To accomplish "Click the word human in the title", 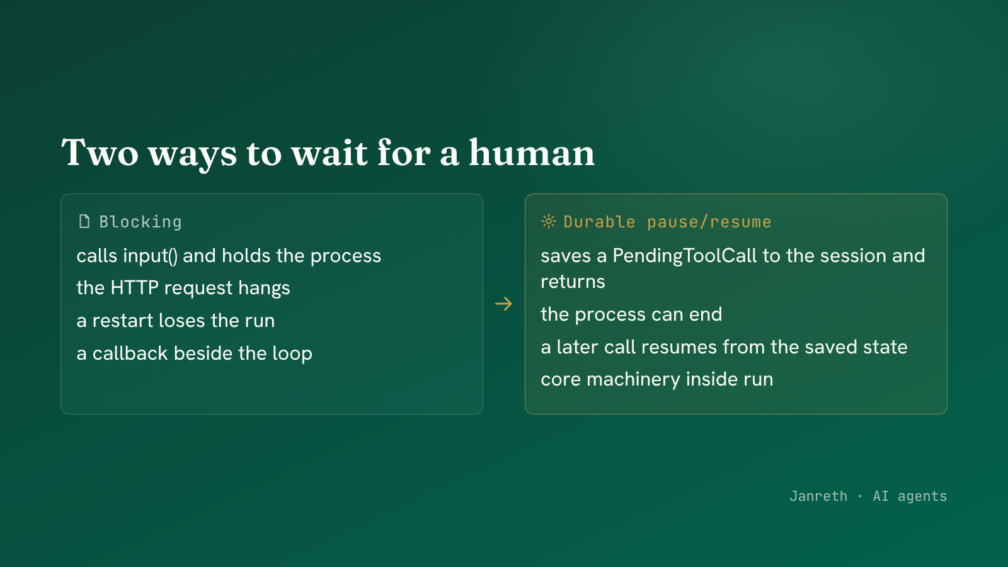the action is point(532,153).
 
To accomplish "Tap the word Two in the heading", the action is point(100,153).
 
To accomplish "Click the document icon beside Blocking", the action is point(84,221).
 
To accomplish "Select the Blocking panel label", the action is point(140,222).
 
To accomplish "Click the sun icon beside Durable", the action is point(549,221).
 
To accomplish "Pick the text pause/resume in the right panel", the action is point(709,222).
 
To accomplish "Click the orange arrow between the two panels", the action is point(503,304).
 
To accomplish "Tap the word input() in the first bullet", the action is point(151,256).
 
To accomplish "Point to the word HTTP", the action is point(134,287).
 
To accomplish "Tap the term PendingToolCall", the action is point(684,256).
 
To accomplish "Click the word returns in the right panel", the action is point(573,282).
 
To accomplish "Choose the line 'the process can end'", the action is point(631,314).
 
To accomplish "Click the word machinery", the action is point(633,379).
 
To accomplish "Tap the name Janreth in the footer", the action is point(818,496).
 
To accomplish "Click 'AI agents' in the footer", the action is point(910,496).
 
